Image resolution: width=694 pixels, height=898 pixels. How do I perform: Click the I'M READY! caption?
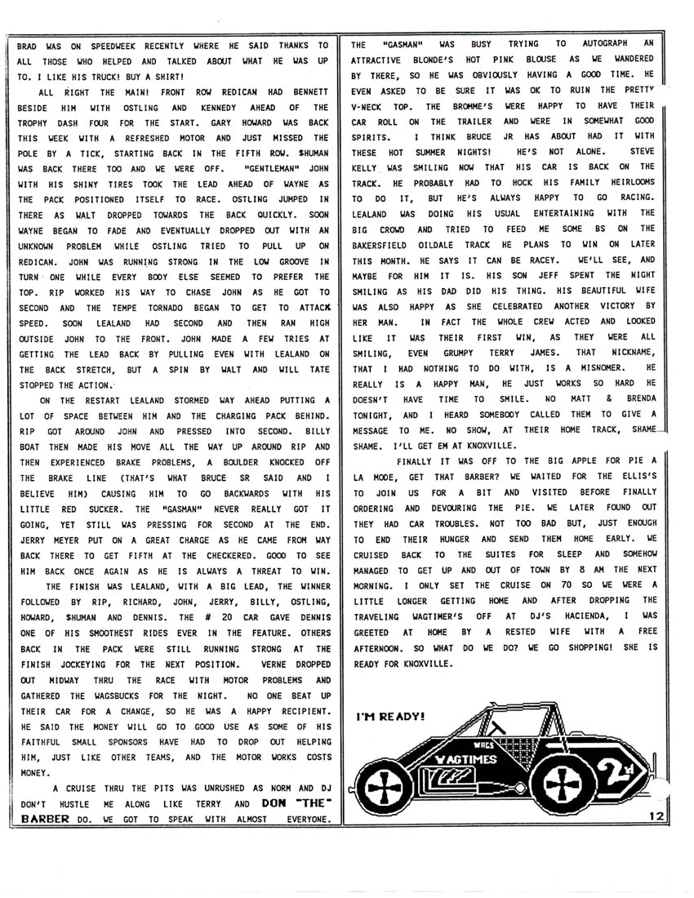click(x=390, y=716)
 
